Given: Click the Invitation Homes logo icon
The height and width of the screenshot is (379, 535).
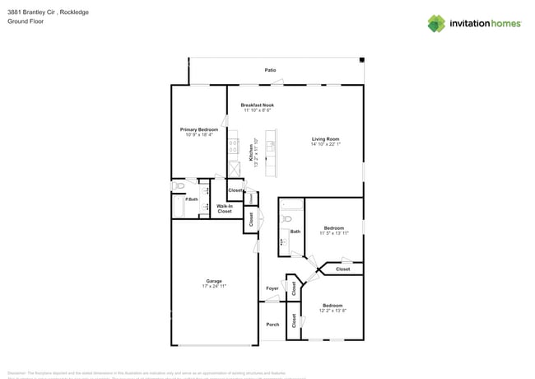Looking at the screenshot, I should pos(435,23).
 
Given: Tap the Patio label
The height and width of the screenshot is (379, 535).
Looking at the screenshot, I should pos(270,70).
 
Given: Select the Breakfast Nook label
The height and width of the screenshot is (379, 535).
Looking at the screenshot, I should pos(257,105).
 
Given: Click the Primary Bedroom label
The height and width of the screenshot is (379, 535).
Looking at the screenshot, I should pos(199,129).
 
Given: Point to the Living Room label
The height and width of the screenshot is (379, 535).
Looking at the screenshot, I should pos(325,139).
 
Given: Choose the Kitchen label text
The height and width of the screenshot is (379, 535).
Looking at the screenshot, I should pos(251,151).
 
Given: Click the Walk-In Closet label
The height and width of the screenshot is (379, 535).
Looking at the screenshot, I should pos(225,208).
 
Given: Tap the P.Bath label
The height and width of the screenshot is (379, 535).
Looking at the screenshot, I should pos(191,199).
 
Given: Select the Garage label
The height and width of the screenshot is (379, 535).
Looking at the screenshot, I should pos(213,281).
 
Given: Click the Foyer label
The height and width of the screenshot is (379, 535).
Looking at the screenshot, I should pos(272,288).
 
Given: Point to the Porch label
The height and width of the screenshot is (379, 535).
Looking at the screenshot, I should pos(272,324).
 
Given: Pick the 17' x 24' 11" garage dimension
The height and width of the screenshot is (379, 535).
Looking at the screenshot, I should pos(213,286).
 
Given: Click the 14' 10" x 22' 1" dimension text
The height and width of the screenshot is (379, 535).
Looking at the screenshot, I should pos(325,144).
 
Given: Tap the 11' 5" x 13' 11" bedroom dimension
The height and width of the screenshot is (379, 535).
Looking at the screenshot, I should pos(334,233).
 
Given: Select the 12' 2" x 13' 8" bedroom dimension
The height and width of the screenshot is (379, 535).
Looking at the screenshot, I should pos(333,311).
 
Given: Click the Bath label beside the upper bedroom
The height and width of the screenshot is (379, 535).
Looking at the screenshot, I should pos(295,232).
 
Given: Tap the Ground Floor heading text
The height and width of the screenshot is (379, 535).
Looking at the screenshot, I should pos(26,21).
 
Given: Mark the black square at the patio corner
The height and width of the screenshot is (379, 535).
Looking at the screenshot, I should pos(361,58).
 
